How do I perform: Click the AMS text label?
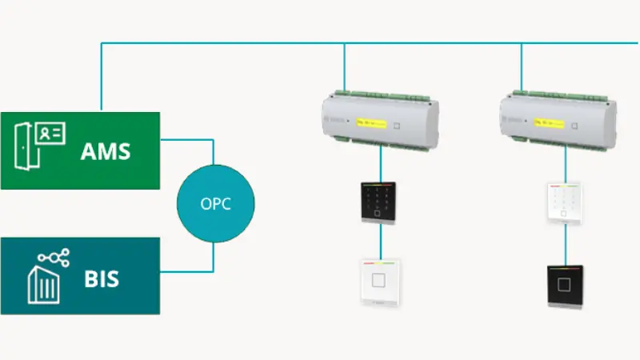105,151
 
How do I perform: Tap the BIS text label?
102,279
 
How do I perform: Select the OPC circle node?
215,203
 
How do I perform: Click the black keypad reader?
379,202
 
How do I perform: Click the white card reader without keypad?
379,282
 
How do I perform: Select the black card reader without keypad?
566,286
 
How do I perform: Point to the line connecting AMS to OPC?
213,150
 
